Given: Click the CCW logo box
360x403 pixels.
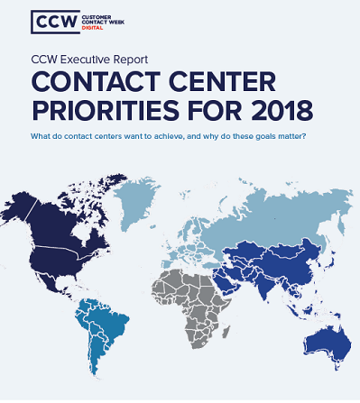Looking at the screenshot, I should coord(51,21).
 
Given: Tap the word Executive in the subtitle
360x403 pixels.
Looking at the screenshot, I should coord(94,61).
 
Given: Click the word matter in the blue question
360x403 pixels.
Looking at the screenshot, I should coord(291,135).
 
